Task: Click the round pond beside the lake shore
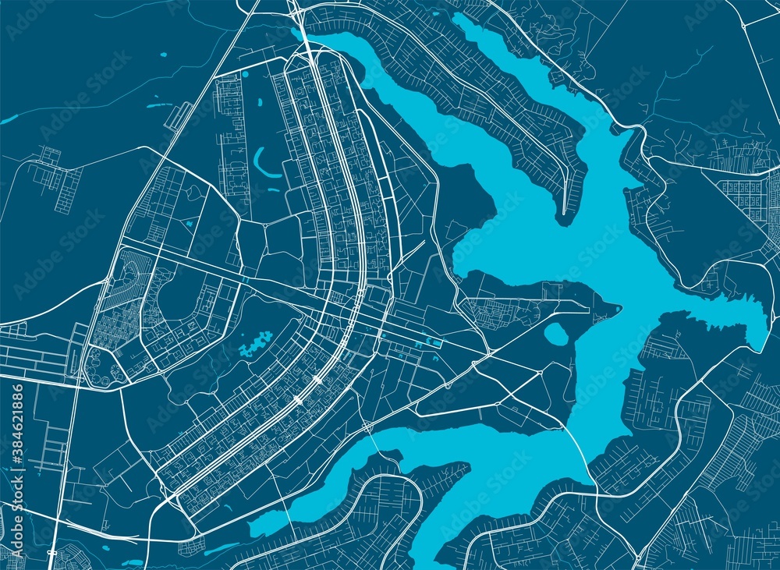click(x=555, y=334)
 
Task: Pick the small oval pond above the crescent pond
click(x=245, y=75)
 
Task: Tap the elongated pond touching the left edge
click(x=9, y=119)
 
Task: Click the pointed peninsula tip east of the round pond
click(x=619, y=307)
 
